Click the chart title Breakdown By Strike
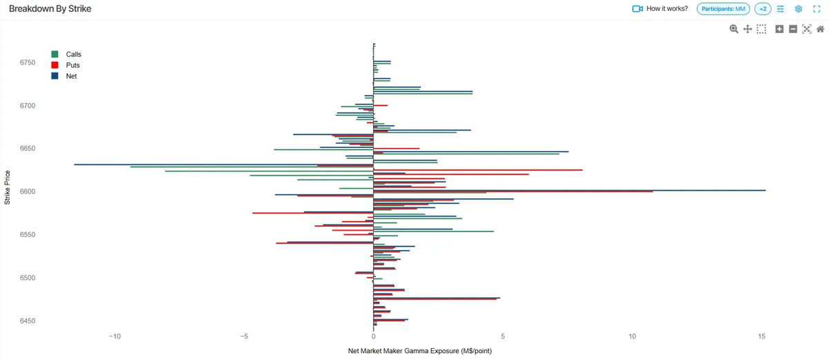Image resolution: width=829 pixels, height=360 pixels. click(x=50, y=9)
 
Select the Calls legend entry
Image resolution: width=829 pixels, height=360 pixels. click(x=73, y=54)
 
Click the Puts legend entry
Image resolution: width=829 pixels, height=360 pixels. click(x=73, y=65)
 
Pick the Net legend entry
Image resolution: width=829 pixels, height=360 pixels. click(x=71, y=76)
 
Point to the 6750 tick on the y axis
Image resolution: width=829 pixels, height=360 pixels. click(x=28, y=63)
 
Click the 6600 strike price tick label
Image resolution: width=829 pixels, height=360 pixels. click(x=28, y=191)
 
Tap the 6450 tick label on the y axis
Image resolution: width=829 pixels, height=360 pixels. click(x=28, y=321)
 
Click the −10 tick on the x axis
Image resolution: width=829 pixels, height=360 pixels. click(x=115, y=337)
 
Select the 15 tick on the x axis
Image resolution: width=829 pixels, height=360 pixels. click(x=761, y=337)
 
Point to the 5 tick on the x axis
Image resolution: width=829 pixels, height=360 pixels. click(x=503, y=337)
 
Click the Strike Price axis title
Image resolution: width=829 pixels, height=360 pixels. click(x=8, y=187)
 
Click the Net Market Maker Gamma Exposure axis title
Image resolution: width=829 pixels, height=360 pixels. click(x=420, y=351)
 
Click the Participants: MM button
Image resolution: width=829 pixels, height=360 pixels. click(x=723, y=9)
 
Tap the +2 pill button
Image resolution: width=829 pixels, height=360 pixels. click(x=763, y=9)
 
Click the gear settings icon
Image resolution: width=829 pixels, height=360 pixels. click(x=798, y=9)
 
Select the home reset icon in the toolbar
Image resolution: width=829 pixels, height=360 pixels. click(x=820, y=29)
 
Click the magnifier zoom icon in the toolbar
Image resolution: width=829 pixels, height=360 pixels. click(x=734, y=29)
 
